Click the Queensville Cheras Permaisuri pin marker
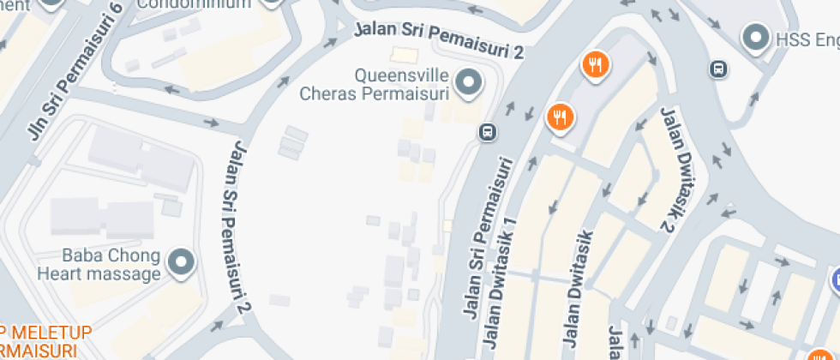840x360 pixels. (x=468, y=83)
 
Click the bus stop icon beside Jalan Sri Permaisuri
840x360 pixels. (x=487, y=132)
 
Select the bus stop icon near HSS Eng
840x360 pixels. (x=718, y=69)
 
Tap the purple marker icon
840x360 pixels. (x=836, y=279)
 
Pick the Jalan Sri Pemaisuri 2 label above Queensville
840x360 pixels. (x=439, y=39)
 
